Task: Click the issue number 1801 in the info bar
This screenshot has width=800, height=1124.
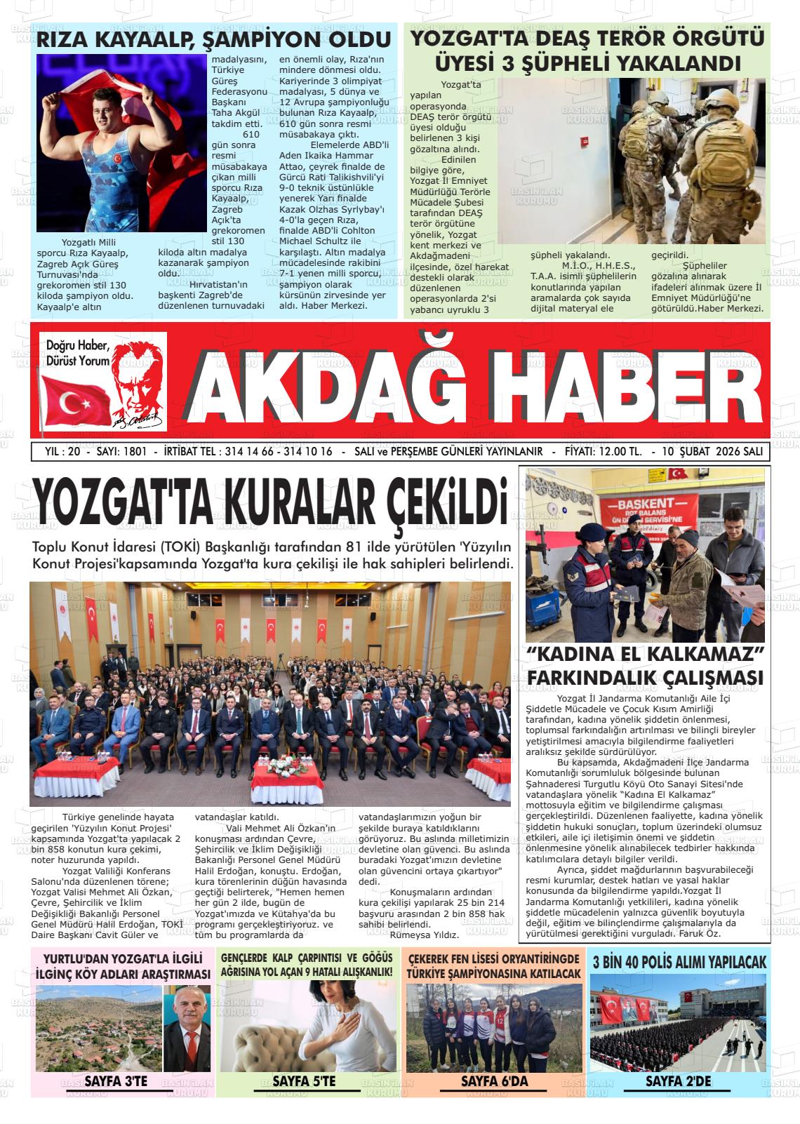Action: coord(134,452)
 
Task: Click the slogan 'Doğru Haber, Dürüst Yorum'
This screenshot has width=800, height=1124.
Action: coord(78,353)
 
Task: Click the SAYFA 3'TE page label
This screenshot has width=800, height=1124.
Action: coord(116,1081)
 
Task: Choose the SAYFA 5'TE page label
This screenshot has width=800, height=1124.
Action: coord(304,1081)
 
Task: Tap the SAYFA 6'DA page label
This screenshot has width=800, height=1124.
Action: coord(494,1081)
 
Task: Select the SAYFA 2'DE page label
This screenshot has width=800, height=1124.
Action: coord(678,1081)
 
